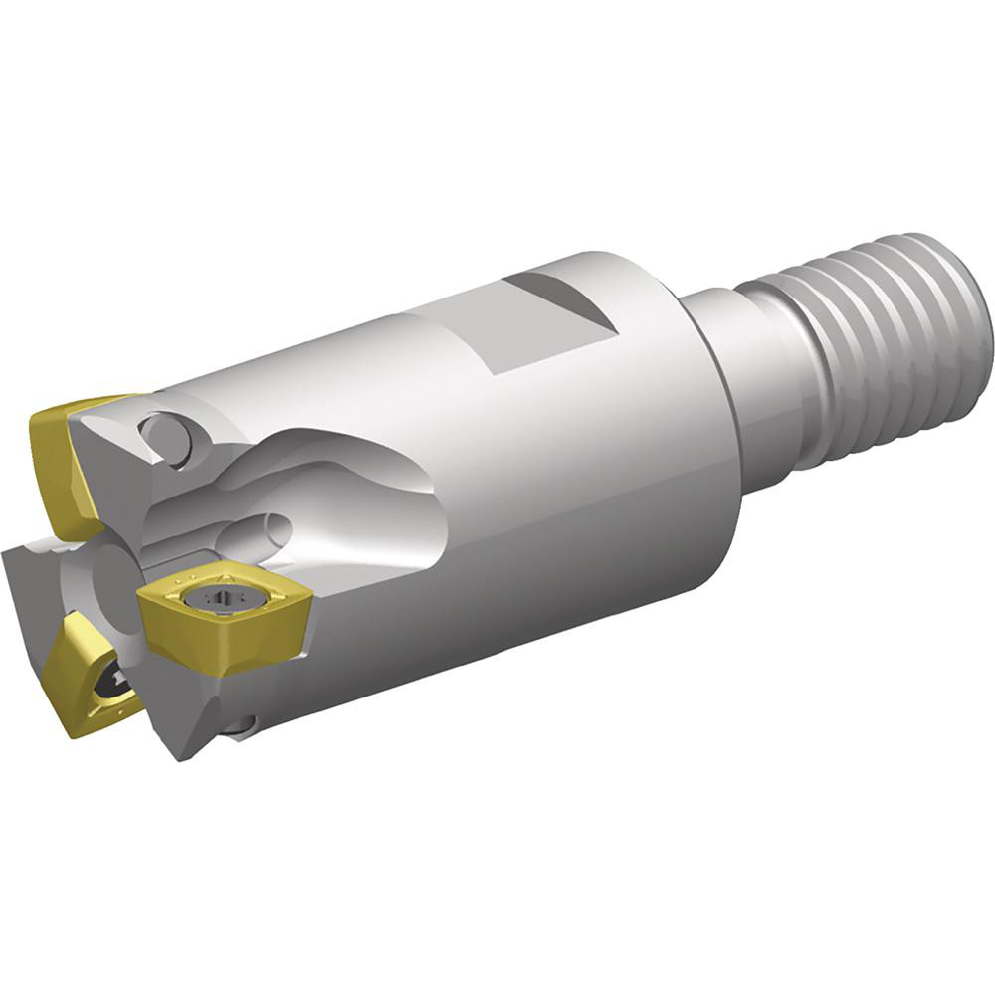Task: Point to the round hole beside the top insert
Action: (165, 439)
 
